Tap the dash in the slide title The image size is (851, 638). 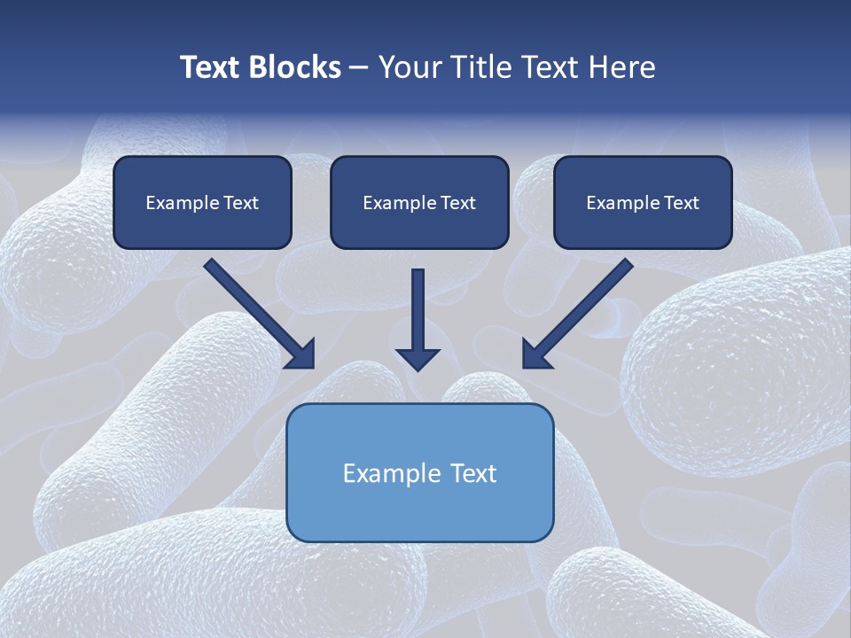359,68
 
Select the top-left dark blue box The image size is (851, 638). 202,202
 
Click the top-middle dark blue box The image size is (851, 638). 419,202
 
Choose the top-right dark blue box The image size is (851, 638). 643,202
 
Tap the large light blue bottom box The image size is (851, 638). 419,472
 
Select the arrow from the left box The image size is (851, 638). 257,312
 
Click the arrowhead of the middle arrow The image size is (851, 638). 418,358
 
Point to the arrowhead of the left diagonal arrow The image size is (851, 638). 302,355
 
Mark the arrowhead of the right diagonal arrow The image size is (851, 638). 535,355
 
